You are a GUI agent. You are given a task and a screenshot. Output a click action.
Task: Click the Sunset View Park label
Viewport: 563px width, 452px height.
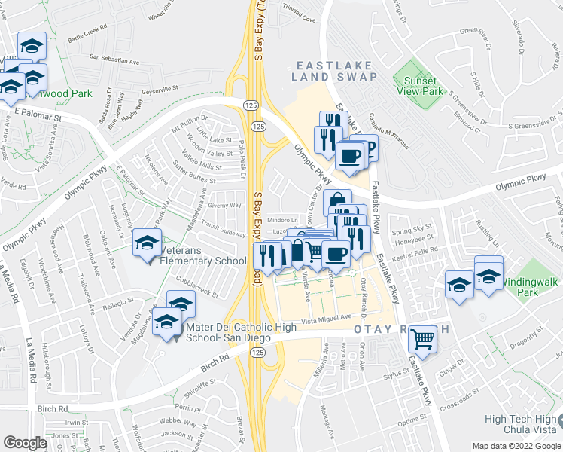419,86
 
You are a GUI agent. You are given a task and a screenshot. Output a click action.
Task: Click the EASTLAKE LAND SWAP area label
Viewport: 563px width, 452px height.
324,71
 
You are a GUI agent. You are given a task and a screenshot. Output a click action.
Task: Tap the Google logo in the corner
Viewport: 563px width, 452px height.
25,443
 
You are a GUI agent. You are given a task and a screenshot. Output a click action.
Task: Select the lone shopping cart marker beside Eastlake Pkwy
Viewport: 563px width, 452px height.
423,340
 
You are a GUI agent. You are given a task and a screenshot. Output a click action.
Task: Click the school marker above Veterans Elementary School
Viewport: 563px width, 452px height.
148,243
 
